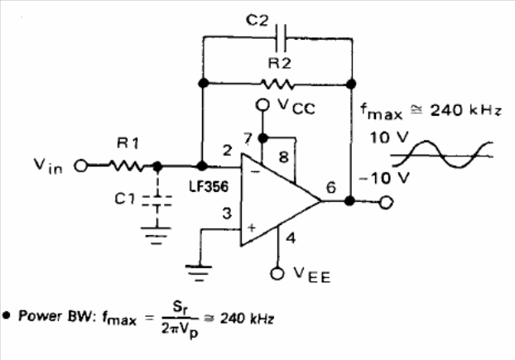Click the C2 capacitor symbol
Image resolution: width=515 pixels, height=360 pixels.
point(281,38)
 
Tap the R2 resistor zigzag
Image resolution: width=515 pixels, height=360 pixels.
point(277,84)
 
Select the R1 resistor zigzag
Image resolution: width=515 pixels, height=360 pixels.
point(128,166)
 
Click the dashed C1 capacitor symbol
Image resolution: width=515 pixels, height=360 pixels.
point(157,201)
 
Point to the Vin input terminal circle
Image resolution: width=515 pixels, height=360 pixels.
point(81,166)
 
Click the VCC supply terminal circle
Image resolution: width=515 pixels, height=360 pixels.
point(262,105)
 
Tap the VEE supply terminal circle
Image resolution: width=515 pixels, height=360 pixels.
point(277,274)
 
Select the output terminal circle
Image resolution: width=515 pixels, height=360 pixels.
point(386,202)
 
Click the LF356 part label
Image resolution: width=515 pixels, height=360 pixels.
point(209,186)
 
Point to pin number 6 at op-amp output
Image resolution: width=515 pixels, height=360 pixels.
point(331,187)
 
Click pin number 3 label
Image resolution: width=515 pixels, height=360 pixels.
point(227,214)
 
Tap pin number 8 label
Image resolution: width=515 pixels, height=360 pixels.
point(284,157)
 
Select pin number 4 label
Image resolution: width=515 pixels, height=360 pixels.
point(291,238)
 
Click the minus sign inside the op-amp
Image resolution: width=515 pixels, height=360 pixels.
point(257,171)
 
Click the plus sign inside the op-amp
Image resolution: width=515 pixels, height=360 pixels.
point(252,228)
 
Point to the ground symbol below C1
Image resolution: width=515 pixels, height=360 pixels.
point(156,236)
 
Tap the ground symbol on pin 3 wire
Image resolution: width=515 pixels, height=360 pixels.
point(199,273)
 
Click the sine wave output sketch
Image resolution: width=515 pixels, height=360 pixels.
point(442,154)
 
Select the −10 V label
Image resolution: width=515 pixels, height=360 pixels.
point(384,179)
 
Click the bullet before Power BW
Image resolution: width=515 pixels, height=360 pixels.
point(7,315)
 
